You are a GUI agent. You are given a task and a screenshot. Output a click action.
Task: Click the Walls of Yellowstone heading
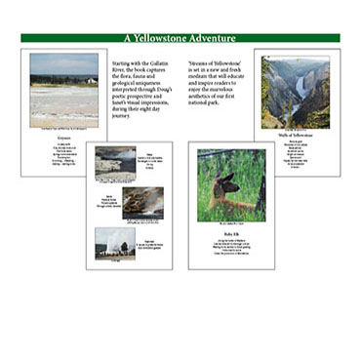pos(296,136)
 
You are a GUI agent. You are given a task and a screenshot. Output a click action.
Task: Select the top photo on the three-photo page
pos(115,161)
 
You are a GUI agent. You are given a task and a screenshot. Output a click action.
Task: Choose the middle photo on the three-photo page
pos(142,202)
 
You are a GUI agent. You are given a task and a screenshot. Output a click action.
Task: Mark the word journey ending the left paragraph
pos(123,115)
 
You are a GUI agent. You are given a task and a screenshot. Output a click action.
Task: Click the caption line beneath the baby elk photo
pos(231,222)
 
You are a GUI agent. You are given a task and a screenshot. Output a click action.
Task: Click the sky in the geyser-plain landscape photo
pos(63,63)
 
